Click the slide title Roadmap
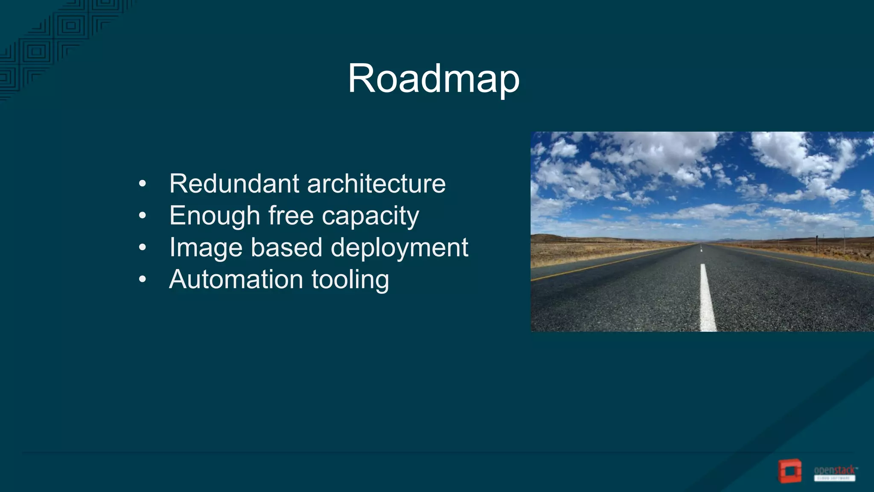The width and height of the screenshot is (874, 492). tap(434, 79)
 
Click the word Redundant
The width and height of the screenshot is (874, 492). tap(234, 184)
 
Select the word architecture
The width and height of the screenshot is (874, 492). tap(376, 184)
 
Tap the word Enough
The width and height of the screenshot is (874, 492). tap(215, 216)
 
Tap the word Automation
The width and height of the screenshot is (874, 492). tap(236, 279)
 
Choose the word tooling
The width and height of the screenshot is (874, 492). tap(350, 280)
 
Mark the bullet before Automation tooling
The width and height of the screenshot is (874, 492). tap(143, 280)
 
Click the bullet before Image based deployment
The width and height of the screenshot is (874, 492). tap(143, 248)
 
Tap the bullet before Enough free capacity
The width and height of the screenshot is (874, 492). tap(143, 216)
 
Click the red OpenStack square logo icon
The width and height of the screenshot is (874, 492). tap(790, 471)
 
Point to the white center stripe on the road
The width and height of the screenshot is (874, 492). tap(707, 299)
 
